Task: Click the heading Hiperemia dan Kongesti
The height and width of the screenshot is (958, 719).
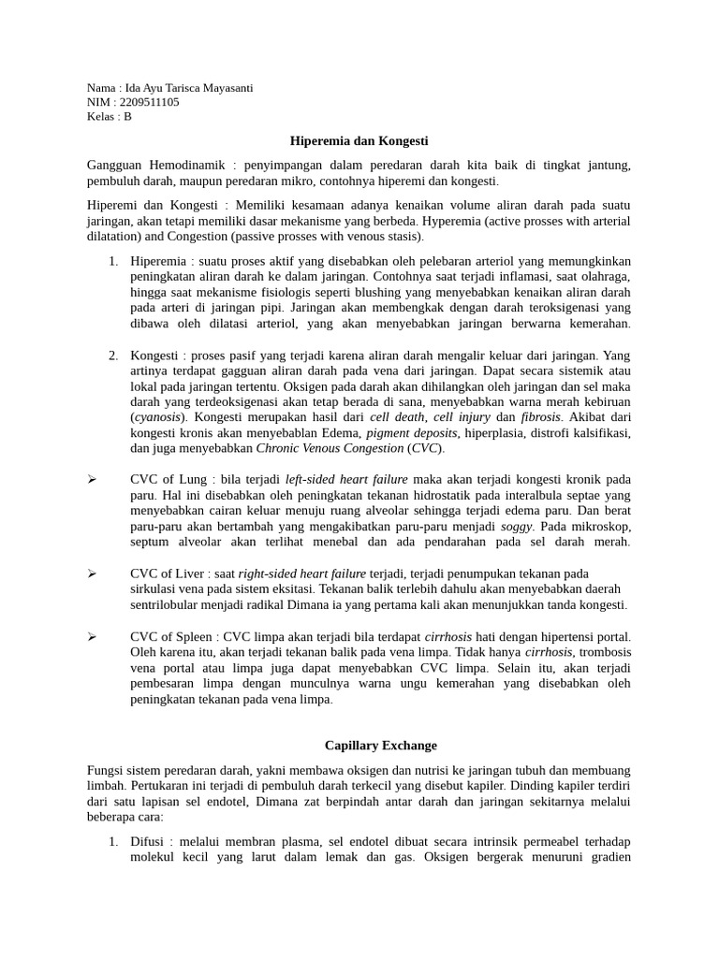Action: (x=359, y=140)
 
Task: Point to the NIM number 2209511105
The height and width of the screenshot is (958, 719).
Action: (x=148, y=102)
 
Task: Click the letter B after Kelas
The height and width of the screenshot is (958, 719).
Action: (x=128, y=117)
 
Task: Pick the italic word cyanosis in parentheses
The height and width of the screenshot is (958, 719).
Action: (x=157, y=415)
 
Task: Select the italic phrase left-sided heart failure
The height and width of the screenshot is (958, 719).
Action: (x=347, y=479)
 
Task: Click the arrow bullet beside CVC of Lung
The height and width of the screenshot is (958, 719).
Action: (x=92, y=479)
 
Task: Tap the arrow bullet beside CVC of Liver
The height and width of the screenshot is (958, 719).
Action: (x=92, y=573)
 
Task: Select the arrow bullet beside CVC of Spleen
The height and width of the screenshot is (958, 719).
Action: (x=92, y=637)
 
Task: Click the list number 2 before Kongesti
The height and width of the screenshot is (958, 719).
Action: (x=112, y=356)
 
